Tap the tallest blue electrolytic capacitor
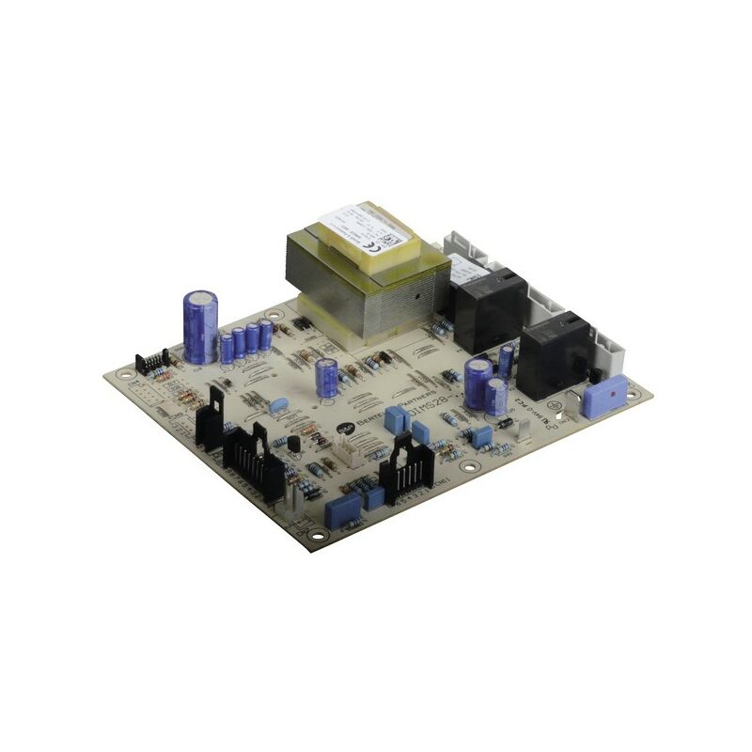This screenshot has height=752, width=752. click(x=200, y=326)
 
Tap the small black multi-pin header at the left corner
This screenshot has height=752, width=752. click(x=151, y=361)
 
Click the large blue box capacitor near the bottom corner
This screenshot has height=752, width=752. click(x=343, y=510)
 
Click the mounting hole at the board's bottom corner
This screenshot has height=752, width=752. click(x=318, y=537)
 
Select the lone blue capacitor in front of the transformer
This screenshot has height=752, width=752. click(x=327, y=377)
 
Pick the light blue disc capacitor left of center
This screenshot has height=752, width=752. click(x=278, y=405)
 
